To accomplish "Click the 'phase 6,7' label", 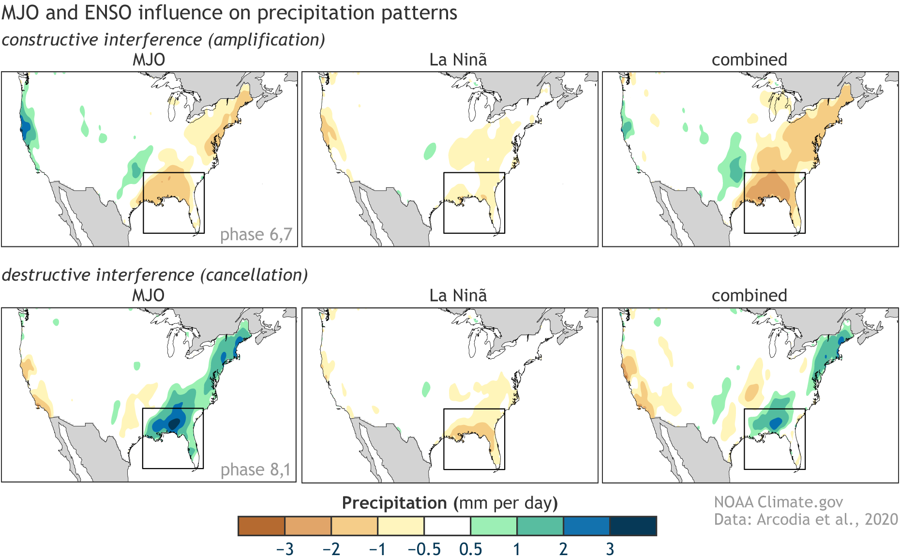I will click(x=256, y=235).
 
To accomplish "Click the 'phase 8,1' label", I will click(x=255, y=470).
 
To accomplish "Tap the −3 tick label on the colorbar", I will click(x=285, y=549).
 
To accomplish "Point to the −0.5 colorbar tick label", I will click(x=424, y=549).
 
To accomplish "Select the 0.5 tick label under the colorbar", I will click(x=470, y=549).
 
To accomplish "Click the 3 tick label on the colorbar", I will click(x=610, y=549).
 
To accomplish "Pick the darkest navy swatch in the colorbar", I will click(x=633, y=526).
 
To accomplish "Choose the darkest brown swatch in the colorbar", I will click(x=261, y=526).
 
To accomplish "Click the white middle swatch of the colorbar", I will click(x=447, y=526).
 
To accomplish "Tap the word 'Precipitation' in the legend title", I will click(x=394, y=503).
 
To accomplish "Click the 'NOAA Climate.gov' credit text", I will click(x=778, y=502).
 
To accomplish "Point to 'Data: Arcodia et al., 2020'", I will click(x=806, y=519).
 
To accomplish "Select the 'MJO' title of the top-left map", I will click(x=149, y=60).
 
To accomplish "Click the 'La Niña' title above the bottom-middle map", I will click(x=458, y=295).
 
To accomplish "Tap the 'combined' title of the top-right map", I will click(x=749, y=60).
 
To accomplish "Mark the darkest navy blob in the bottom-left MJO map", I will click(x=173, y=424).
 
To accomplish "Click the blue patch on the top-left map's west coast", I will click(x=25, y=127).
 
